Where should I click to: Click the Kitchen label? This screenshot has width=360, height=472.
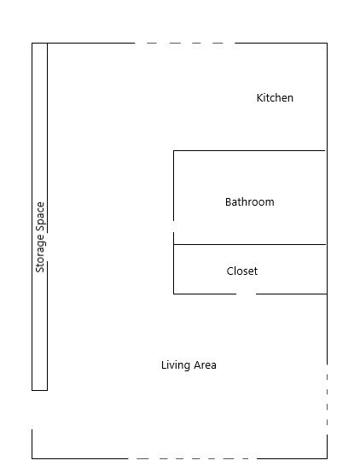click(x=275, y=98)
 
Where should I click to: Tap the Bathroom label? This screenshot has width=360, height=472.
click(x=250, y=201)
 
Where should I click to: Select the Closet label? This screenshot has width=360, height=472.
click(x=242, y=271)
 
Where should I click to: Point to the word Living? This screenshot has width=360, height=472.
click(x=176, y=365)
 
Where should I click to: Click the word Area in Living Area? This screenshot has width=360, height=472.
click(x=205, y=365)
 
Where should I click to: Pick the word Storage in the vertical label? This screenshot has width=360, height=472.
click(x=40, y=253)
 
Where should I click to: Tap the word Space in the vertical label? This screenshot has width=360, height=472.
click(x=40, y=217)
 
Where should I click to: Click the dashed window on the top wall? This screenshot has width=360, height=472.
click(x=184, y=43)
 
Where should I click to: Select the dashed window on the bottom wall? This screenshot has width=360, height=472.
click(x=193, y=458)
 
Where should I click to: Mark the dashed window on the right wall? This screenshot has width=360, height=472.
click(x=327, y=399)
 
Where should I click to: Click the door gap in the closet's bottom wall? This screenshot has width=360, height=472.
click(x=246, y=294)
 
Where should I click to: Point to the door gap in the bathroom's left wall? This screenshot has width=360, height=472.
click(x=173, y=227)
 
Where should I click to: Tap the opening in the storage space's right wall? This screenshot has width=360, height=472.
click(x=47, y=247)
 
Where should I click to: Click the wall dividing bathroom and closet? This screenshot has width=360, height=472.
click(x=250, y=244)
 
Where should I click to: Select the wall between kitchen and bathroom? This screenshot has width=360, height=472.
click(x=249, y=150)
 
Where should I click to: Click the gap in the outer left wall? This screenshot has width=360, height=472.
click(x=32, y=410)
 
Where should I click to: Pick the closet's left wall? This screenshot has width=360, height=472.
click(x=173, y=269)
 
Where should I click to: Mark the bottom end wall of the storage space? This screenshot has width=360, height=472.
click(x=40, y=390)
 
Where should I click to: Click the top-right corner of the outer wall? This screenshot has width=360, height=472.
click(x=327, y=43)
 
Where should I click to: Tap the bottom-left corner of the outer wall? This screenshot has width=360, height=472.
click(x=32, y=458)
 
